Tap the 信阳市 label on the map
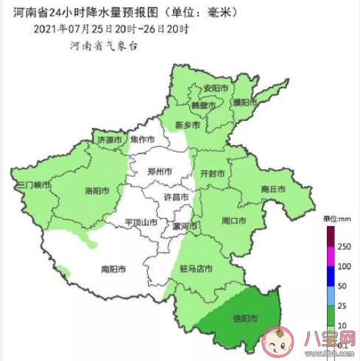[x=244, y=319]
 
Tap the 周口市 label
[x=234, y=220]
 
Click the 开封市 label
[x=212, y=174]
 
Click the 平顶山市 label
[x=141, y=222]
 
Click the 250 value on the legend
[x=342, y=247]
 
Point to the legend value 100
[x=342, y=266]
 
